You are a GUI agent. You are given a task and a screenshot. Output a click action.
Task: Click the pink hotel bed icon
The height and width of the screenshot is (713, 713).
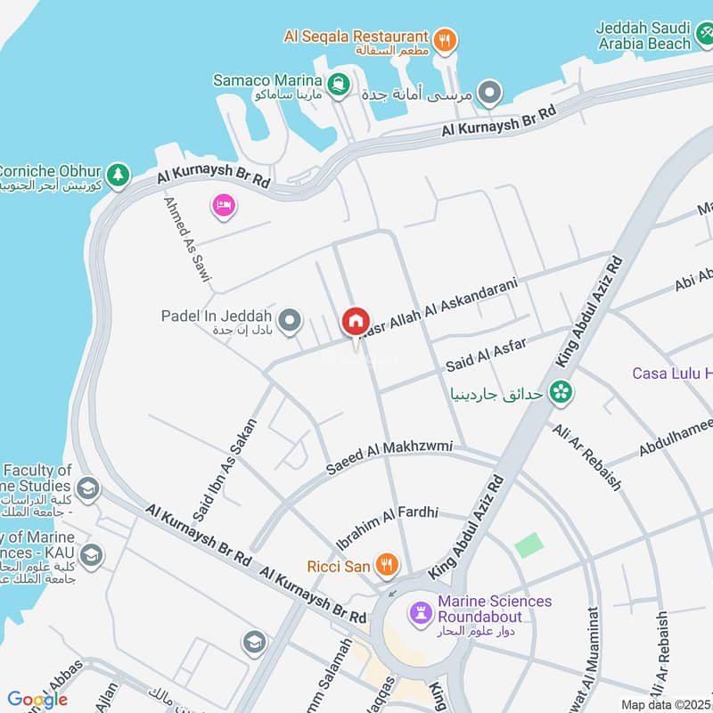[223, 206]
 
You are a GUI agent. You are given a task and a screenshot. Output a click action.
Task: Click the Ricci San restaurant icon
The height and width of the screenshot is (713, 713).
[386, 563]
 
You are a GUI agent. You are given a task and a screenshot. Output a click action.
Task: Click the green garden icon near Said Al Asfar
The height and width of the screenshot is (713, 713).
[561, 390]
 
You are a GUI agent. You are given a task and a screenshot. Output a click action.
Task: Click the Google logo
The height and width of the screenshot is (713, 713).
[37, 700]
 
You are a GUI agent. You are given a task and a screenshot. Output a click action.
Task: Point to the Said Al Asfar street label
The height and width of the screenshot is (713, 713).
[486, 356]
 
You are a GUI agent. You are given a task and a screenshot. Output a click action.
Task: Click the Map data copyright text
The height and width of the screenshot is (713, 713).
[666, 705]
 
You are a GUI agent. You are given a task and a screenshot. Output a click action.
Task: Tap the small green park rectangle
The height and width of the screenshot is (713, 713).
[529, 545]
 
